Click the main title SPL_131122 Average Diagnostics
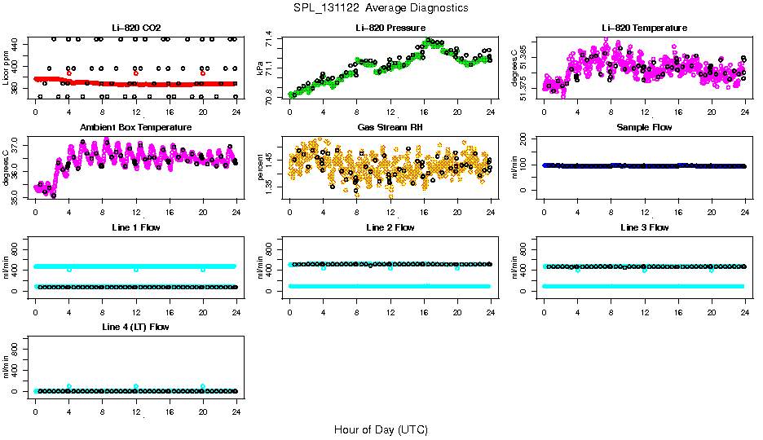(381, 7)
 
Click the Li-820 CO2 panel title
(135, 28)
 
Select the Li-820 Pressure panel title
(390, 28)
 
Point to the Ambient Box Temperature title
(135, 128)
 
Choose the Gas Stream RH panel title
(390, 128)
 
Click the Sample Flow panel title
(644, 128)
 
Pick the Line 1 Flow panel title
(135, 227)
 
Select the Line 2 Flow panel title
(390, 227)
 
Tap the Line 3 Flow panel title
(644, 227)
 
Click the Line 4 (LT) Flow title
(135, 327)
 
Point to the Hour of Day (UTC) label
(381, 429)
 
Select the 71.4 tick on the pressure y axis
(271, 39)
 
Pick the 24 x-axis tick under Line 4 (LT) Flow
(236, 403)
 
